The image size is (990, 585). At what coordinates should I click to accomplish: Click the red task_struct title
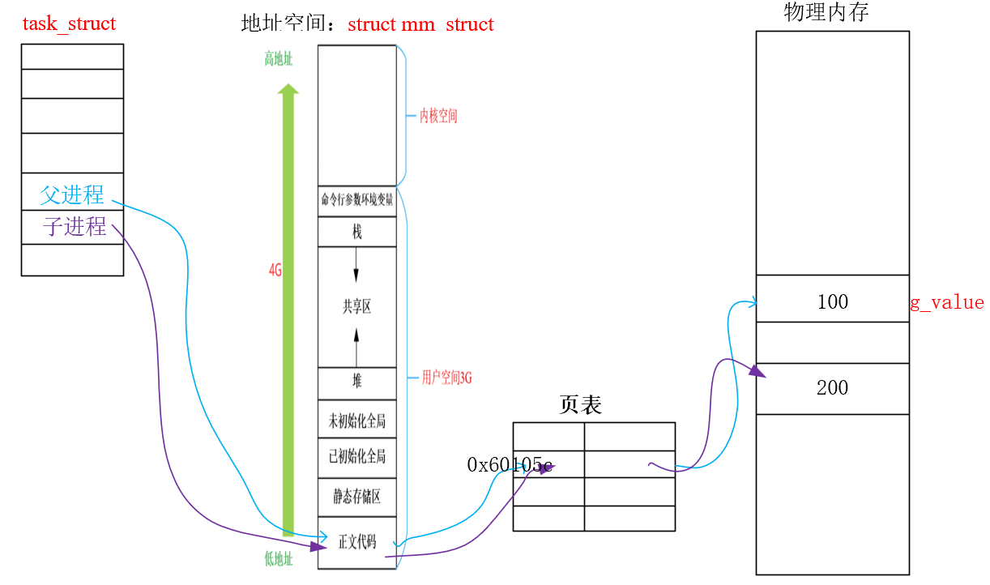69,23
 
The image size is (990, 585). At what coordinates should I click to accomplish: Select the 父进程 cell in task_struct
72,195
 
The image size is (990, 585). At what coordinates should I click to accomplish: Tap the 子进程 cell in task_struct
75,226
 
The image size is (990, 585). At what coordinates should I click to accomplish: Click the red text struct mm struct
420,24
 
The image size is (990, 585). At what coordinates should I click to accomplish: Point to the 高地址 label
278,58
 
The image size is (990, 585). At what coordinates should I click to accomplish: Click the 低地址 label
278,557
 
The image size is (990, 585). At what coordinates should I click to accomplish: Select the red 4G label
275,271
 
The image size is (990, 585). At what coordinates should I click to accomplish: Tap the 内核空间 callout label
438,116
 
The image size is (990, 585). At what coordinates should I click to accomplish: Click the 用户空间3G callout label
446,378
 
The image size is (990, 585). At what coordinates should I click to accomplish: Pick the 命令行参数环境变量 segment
357,200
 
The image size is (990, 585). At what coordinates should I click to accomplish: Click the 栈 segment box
357,232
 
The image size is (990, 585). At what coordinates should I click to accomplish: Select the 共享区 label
356,306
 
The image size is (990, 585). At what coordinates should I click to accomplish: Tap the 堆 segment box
357,382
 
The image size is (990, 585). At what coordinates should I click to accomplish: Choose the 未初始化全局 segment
357,421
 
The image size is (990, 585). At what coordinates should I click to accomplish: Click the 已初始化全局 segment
357,456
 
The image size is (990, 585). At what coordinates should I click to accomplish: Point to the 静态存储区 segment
357,496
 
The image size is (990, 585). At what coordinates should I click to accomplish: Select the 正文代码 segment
357,542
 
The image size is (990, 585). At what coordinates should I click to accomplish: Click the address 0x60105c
510,465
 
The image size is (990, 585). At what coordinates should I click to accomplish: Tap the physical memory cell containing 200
832,388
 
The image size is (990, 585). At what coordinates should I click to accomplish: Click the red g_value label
946,303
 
